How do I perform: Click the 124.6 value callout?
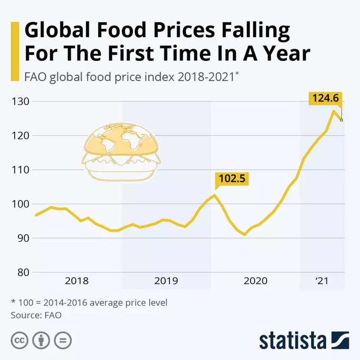point(325,98)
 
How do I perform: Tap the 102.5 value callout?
point(231,178)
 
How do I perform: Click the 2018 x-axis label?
point(77,281)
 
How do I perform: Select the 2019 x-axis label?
point(166,281)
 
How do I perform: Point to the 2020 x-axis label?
point(255,281)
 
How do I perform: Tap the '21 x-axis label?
point(322,281)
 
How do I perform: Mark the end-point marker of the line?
point(341,120)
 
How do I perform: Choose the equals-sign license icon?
point(63,340)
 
